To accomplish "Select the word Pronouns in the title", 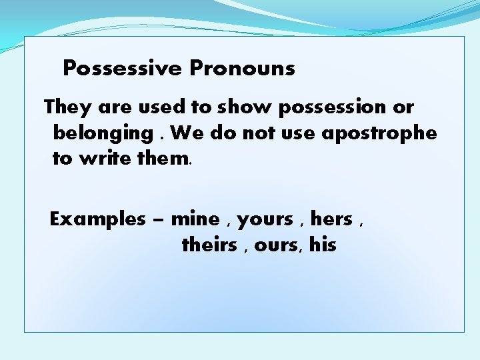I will tap(242, 68).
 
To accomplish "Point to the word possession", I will tap(335, 107).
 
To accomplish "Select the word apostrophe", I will tap(379, 133).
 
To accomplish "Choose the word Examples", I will tap(98, 219).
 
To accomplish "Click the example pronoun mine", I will tap(195, 219).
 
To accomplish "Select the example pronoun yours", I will tap(265, 219).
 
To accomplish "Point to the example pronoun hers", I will tap(331, 219).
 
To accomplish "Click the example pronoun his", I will tap(323, 245).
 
